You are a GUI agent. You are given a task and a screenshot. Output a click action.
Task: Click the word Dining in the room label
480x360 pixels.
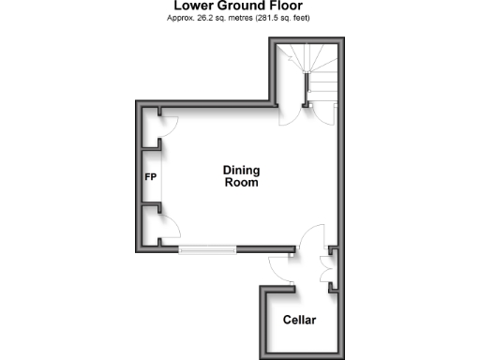(241, 170)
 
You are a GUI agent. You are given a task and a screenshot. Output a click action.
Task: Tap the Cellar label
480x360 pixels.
(300, 321)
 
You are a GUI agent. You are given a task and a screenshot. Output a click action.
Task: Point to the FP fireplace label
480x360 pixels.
(150, 176)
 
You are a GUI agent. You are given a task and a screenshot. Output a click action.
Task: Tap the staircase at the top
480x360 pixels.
(314, 70)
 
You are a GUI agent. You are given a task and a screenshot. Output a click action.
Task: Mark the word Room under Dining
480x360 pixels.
(241, 183)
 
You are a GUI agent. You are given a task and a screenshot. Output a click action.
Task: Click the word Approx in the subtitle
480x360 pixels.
(184, 18)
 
